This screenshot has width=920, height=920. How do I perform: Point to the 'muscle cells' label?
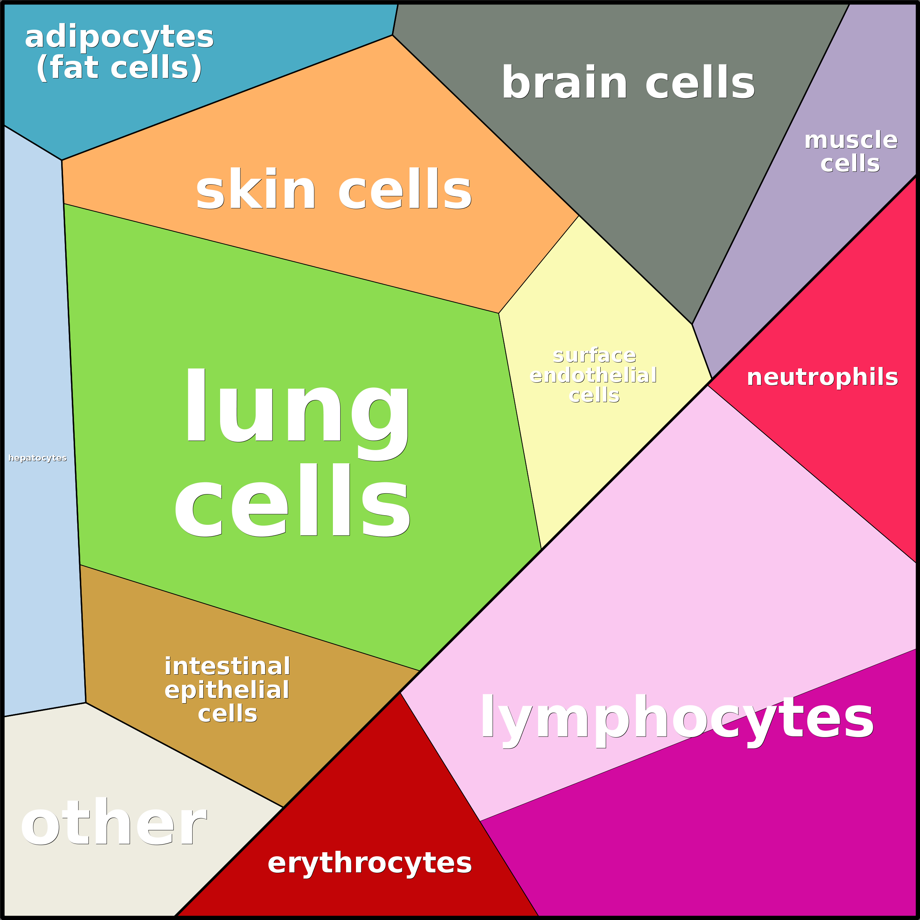pyautogui.click(x=851, y=151)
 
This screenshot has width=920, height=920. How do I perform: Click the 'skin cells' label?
pyautogui.click(x=333, y=189)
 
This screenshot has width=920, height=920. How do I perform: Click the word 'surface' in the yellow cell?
pyautogui.click(x=594, y=355)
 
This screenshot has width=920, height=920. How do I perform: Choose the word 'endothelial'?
pyautogui.click(x=593, y=375)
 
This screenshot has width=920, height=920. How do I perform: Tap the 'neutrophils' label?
pyautogui.click(x=822, y=377)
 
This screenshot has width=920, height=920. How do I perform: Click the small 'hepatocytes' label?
pyautogui.click(x=38, y=458)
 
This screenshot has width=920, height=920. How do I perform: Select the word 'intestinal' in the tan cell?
pyautogui.click(x=227, y=666)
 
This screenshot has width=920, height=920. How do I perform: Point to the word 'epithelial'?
pyautogui.click(x=227, y=690)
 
